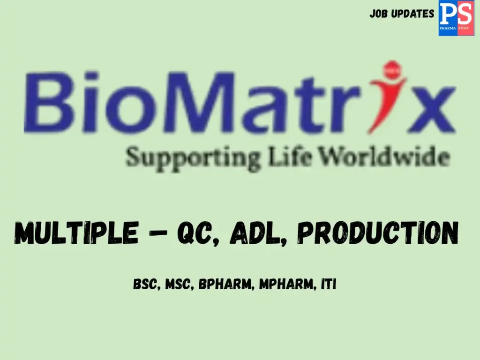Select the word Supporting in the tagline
(x=193, y=157)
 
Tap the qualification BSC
(x=145, y=285)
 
